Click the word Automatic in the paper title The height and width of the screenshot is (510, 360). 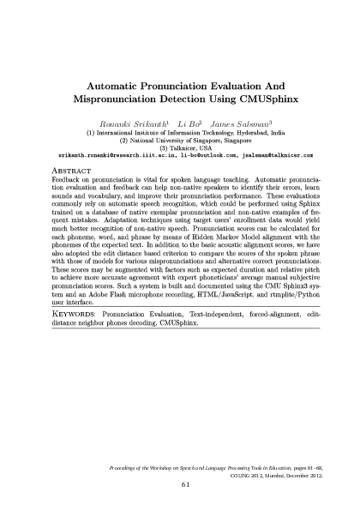(x=122, y=87)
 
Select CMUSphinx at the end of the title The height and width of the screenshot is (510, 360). (x=263, y=101)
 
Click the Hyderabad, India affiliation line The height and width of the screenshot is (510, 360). (x=181, y=134)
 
